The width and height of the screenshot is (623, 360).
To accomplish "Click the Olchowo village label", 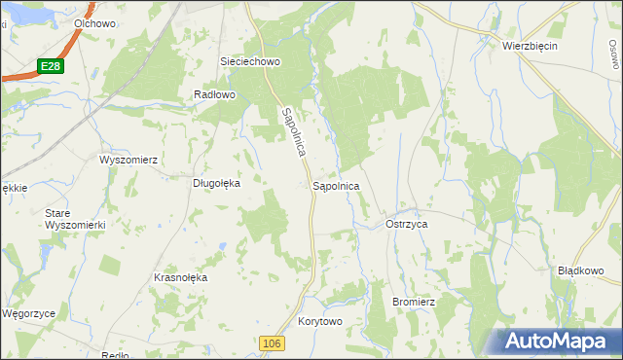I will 94,21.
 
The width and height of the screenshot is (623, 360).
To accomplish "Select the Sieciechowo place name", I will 250,60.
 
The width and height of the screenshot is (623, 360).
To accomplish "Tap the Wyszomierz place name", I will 128,159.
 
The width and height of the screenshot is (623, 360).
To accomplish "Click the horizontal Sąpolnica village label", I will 337,184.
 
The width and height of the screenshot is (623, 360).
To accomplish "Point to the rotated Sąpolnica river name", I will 293,135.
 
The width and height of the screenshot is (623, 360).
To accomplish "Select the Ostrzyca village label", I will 407,224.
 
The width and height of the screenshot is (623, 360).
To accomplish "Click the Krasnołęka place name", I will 181,277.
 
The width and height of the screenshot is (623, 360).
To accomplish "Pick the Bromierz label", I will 412,303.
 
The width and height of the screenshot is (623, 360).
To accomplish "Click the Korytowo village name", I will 321,321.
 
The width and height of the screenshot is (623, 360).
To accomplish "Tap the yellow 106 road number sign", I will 273,343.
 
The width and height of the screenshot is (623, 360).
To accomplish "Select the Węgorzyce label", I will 28,314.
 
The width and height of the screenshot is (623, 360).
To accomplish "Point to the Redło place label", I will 115,355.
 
